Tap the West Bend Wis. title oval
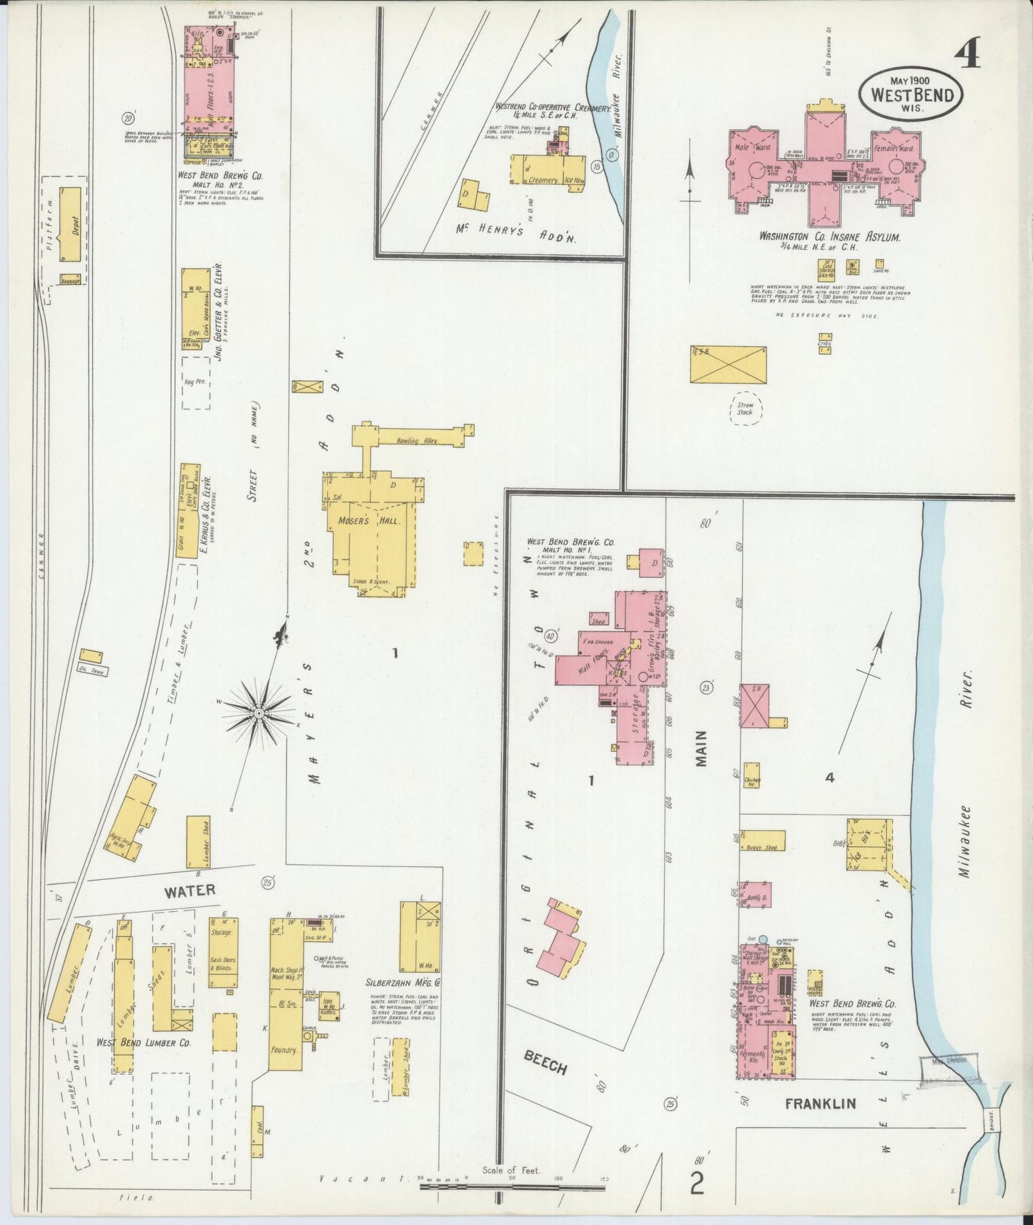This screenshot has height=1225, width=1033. (911, 92)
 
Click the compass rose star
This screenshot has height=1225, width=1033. (258, 713)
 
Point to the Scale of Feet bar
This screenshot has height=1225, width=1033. (513, 1186)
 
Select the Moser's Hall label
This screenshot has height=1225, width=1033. (364, 520)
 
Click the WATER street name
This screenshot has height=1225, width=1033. (189, 891)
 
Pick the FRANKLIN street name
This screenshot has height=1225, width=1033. (820, 1104)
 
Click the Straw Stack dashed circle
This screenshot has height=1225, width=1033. (746, 409)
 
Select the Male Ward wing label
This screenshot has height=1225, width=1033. (753, 148)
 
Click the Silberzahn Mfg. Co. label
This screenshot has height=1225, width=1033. (402, 982)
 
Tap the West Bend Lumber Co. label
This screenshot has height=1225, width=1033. (144, 1042)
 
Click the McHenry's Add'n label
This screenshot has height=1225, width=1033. (515, 230)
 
